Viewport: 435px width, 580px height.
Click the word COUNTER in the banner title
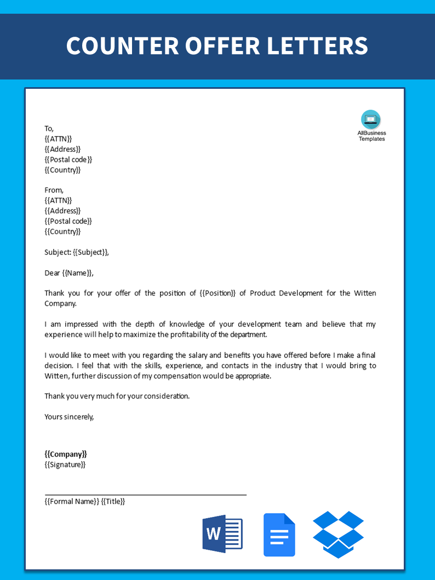pyautogui.click(x=122, y=46)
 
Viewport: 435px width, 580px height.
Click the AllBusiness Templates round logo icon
pyautogui.click(x=371, y=119)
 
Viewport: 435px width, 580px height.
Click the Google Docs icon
pyautogui.click(x=279, y=534)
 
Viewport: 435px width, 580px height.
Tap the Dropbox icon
pyautogui.click(x=338, y=534)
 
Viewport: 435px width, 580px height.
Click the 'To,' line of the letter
pyautogui.click(x=49, y=128)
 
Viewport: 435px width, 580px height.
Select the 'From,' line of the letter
pyautogui.click(x=54, y=190)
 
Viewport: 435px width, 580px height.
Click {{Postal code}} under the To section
pyautogui.click(x=68, y=160)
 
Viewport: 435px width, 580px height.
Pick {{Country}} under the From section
pyautogui.click(x=62, y=231)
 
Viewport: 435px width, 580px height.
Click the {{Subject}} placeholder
pyautogui.click(x=90, y=252)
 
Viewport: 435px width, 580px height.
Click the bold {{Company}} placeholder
pyautogui.click(x=65, y=454)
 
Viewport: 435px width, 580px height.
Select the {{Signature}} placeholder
pyautogui.click(x=65, y=464)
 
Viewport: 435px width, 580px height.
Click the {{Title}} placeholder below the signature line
pyautogui.click(x=113, y=501)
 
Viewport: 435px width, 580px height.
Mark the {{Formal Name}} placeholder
pyautogui.click(x=72, y=501)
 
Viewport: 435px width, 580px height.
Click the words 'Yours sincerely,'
pyautogui.click(x=69, y=417)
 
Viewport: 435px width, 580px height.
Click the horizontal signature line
pyautogui.click(x=145, y=494)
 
